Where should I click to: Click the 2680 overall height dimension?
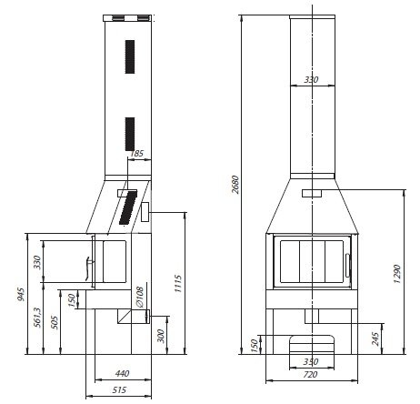(235, 184)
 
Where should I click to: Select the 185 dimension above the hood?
(136, 154)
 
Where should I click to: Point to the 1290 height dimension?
(397, 274)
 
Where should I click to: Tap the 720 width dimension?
(310, 375)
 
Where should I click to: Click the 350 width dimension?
(311, 361)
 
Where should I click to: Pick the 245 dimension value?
(375, 339)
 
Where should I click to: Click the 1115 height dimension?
(178, 284)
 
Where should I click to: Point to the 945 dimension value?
(21, 294)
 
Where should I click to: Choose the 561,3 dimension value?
(37, 318)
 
